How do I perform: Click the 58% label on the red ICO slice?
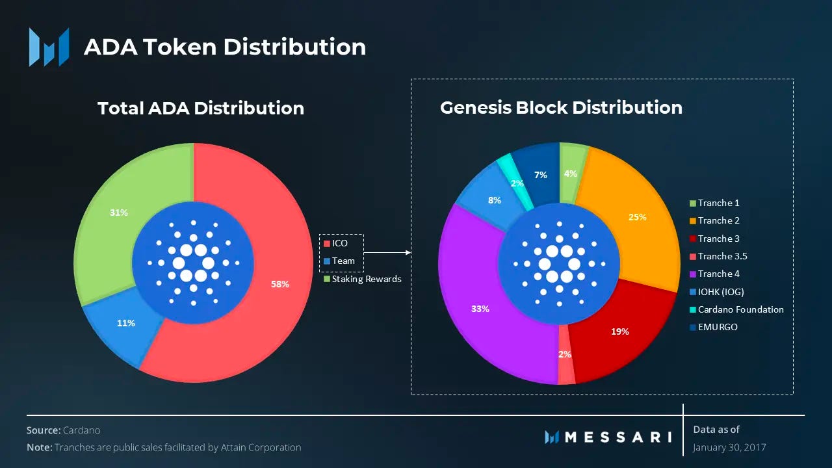point(280,284)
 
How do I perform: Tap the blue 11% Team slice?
point(126,323)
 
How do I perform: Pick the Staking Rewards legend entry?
point(362,279)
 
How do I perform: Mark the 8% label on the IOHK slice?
point(495,200)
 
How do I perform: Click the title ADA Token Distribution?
point(225,47)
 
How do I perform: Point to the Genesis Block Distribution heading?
point(561,107)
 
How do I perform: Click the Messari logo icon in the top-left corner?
point(49,47)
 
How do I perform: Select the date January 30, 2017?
point(729,448)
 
